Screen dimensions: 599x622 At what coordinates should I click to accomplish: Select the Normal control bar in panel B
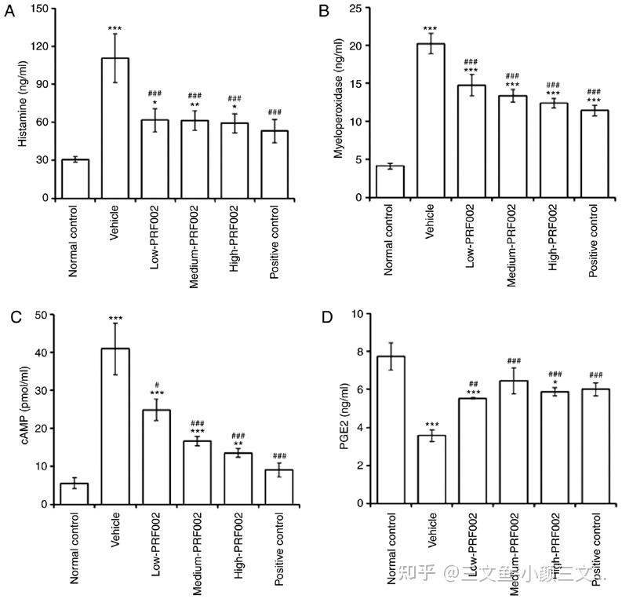(389, 181)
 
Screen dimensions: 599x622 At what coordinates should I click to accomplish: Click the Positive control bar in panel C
(282, 486)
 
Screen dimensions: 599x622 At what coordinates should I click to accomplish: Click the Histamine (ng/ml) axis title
(22, 103)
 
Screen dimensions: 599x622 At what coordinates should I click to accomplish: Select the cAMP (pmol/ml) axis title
(22, 408)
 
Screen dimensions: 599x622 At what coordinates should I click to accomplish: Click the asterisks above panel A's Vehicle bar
(115, 28)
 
